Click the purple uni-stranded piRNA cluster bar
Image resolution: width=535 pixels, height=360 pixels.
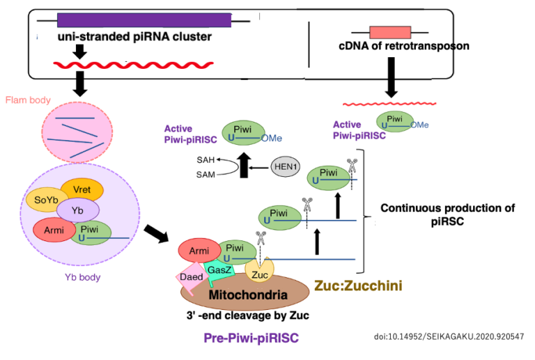pyautogui.click(x=144, y=20)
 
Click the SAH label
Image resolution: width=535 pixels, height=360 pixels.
pyautogui.click(x=186, y=159)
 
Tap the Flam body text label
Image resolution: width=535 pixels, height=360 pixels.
pyautogui.click(x=29, y=100)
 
